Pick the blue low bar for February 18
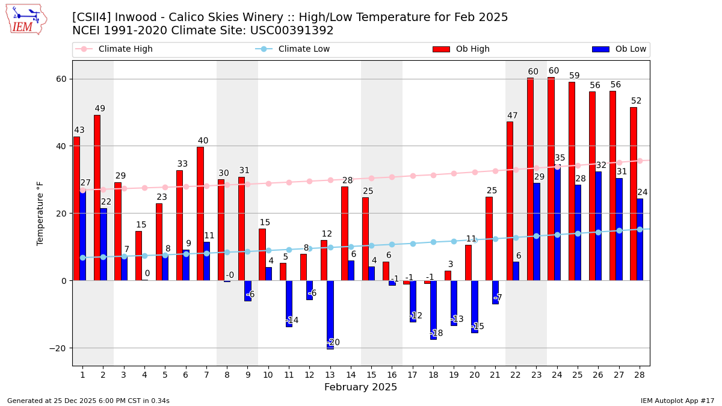click(433, 310)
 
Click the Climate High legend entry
click(125, 49)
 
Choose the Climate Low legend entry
click(304, 49)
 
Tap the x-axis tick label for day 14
click(351, 375)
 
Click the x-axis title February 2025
click(360, 387)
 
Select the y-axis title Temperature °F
click(40, 214)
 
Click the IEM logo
click(26, 19)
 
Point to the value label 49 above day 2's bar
click(100, 109)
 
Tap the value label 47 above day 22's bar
click(513, 116)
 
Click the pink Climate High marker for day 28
click(640, 161)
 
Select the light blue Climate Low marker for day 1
click(82, 257)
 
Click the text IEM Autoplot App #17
click(677, 401)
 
